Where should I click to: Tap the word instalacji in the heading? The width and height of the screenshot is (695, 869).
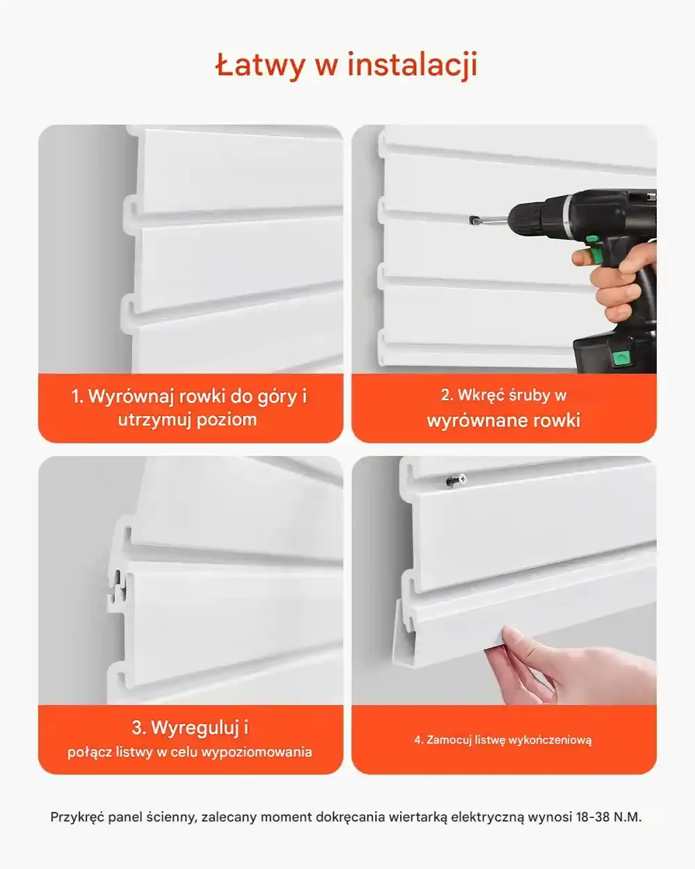pos(412,65)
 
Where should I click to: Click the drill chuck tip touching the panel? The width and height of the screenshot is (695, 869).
pos(473,221)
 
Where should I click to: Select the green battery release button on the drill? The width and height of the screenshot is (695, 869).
pos(621,357)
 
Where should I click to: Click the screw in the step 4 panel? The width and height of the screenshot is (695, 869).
pos(456,480)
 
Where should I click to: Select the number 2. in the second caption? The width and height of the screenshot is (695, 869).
pos(447,395)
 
